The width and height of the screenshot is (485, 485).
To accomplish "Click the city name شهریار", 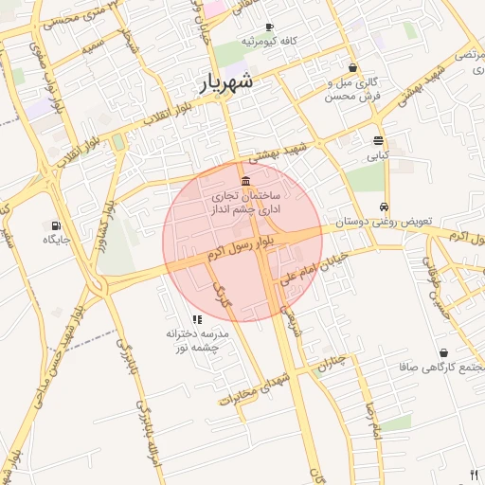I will (x=226, y=82).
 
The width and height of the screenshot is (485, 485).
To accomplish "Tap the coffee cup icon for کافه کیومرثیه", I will (x=270, y=27).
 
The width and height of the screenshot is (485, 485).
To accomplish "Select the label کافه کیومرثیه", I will (x=269, y=42).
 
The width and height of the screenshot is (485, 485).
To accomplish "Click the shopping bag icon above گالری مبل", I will (x=353, y=68).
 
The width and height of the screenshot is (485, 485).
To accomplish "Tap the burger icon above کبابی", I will (x=378, y=140).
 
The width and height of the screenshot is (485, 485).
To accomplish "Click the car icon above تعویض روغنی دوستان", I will (x=383, y=207).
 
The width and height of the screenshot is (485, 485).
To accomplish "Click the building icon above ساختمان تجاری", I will (x=246, y=181).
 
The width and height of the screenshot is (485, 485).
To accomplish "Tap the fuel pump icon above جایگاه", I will (x=57, y=225).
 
